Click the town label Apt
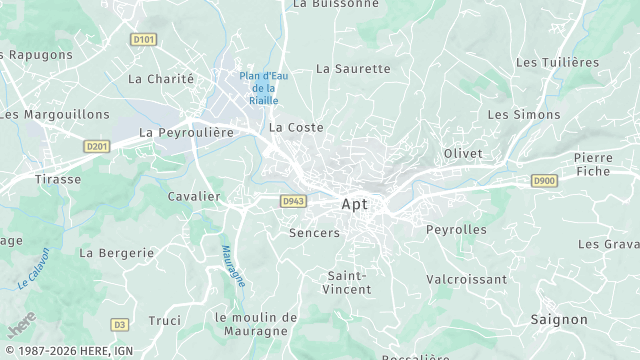354,204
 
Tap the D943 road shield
292,201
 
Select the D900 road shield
543,181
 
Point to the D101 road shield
144,40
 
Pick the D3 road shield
120,324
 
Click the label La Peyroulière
186,132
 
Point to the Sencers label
314,233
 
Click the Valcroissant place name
466,279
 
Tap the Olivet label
463,153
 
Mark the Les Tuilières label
557,62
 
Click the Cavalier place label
194,196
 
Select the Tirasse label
58,178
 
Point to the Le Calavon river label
34,269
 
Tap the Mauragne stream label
232,266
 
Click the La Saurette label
353,69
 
